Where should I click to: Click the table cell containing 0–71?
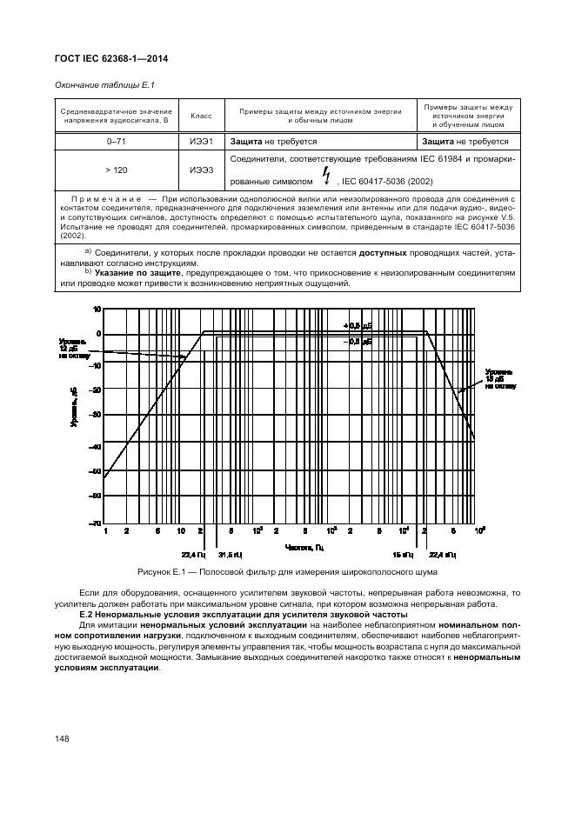[x=116, y=140]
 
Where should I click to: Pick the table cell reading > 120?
[x=116, y=170]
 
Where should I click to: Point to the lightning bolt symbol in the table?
[x=326, y=178]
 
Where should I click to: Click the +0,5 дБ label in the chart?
[x=357, y=325]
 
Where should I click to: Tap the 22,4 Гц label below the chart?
[x=192, y=554]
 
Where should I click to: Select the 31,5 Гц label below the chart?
[x=230, y=554]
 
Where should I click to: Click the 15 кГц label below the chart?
[x=402, y=554]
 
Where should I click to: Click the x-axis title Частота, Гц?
[x=304, y=546]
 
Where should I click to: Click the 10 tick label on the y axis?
[x=97, y=309]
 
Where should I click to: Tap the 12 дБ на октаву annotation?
[x=72, y=348]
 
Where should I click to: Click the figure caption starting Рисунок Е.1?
[x=286, y=572]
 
